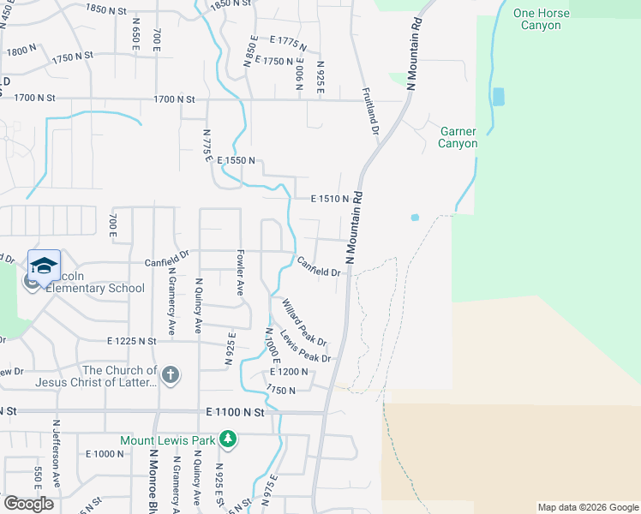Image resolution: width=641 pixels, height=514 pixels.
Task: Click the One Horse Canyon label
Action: pyautogui.click(x=536, y=19)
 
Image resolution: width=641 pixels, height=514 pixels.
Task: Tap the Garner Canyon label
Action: pyautogui.click(x=458, y=137)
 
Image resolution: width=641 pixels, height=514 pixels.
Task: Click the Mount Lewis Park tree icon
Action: pyautogui.click(x=227, y=439)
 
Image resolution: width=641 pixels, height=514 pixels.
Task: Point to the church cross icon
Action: pyautogui.click(x=171, y=374)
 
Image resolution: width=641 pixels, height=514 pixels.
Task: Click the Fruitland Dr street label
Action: pyautogui.click(x=369, y=112)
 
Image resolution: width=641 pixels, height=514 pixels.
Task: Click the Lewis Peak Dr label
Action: pyautogui.click(x=305, y=346)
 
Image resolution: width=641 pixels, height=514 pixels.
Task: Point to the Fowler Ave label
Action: pyautogui.click(x=239, y=272)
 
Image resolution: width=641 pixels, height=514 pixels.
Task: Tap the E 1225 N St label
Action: pyautogui.click(x=132, y=341)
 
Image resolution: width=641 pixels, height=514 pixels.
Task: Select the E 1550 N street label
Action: pyautogui.click(x=237, y=160)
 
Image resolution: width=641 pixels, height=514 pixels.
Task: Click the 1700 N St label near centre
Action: pyautogui.click(x=175, y=99)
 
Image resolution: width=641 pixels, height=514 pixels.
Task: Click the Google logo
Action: pyautogui.click(x=28, y=503)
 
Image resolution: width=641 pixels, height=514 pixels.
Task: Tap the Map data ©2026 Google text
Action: pyautogui.click(x=587, y=507)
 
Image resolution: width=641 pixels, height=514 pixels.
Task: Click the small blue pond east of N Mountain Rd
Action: pyautogui.click(x=415, y=218)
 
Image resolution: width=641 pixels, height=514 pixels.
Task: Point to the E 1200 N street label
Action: pyautogui.click(x=288, y=373)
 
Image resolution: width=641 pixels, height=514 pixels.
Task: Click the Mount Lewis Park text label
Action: pyautogui.click(x=168, y=440)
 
